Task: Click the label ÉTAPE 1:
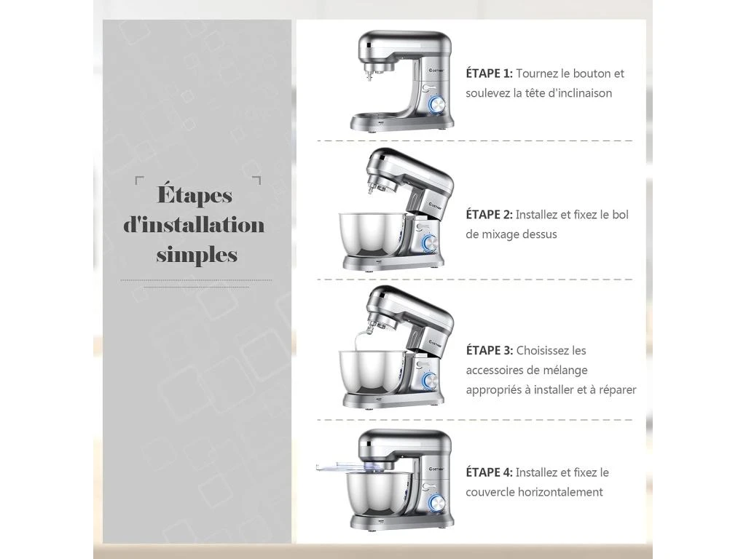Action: coord(489,74)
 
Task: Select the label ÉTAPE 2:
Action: coord(489,215)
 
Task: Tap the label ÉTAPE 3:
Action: coord(489,350)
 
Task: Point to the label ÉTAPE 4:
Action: coord(489,472)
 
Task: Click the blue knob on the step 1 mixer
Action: coord(436,105)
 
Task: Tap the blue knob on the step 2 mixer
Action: coord(430,242)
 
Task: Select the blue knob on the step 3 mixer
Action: coord(430,381)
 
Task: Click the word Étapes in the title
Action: coord(195,194)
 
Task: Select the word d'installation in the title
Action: coord(194,224)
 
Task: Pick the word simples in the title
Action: coord(197,254)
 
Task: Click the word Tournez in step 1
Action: coord(537,74)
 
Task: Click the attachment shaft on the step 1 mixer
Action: coord(369,74)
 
